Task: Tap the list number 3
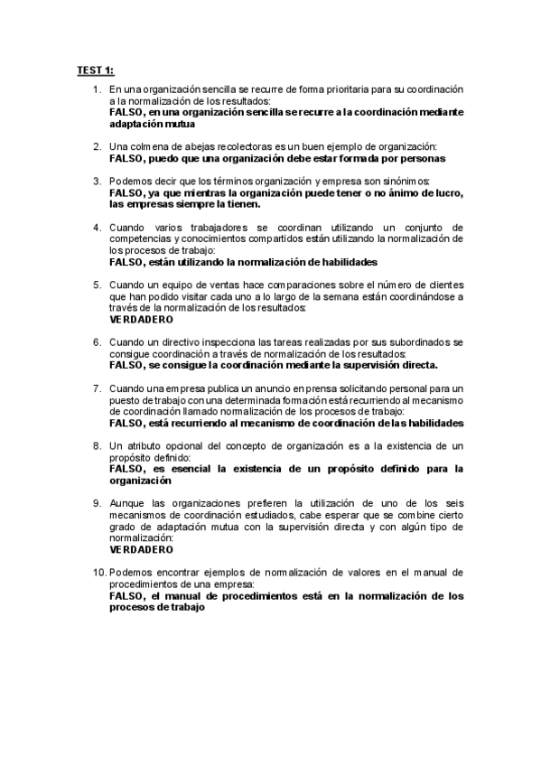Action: [98, 181]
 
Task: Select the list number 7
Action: [98, 388]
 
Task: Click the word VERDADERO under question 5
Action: [141, 319]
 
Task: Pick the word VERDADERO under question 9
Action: [141, 549]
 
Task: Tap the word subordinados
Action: [419, 342]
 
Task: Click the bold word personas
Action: [419, 157]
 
